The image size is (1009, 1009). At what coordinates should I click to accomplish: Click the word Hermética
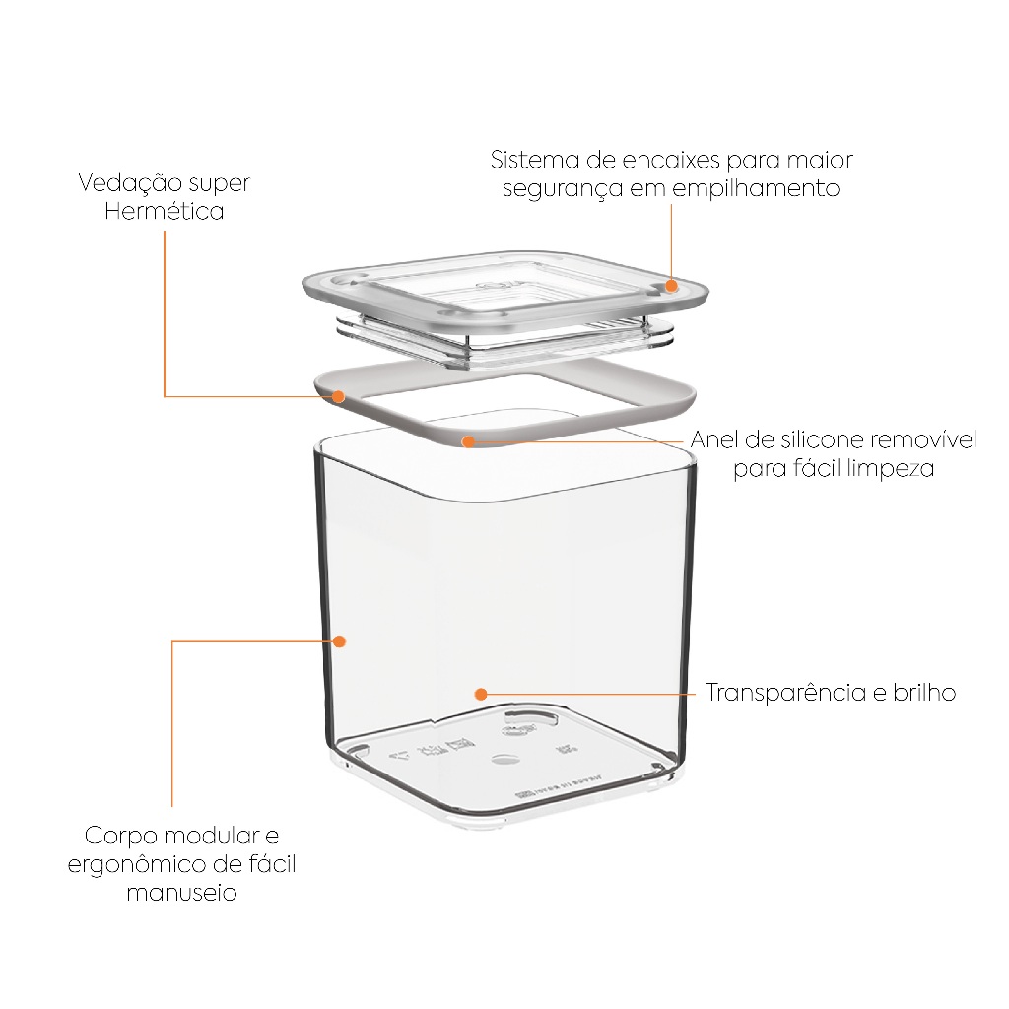pos(165,211)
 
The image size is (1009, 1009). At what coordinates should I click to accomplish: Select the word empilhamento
pos(756,189)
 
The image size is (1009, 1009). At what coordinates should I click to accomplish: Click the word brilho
pos(924,693)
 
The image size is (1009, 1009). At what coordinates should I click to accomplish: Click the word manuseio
pos(182,893)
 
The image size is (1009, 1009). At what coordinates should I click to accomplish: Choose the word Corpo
pos(121,837)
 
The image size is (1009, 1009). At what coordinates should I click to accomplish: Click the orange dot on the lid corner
pos(671,286)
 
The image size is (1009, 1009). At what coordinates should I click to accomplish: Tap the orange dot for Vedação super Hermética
pos(339,396)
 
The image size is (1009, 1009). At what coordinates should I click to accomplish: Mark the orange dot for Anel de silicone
pos(468,441)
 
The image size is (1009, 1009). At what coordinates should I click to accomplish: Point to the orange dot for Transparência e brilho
pos(481,694)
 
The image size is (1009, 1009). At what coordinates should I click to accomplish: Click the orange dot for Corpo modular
pos(339,640)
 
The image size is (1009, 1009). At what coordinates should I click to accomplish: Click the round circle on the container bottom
pos(505,760)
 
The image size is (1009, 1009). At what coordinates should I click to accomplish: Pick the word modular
pos(212,836)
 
